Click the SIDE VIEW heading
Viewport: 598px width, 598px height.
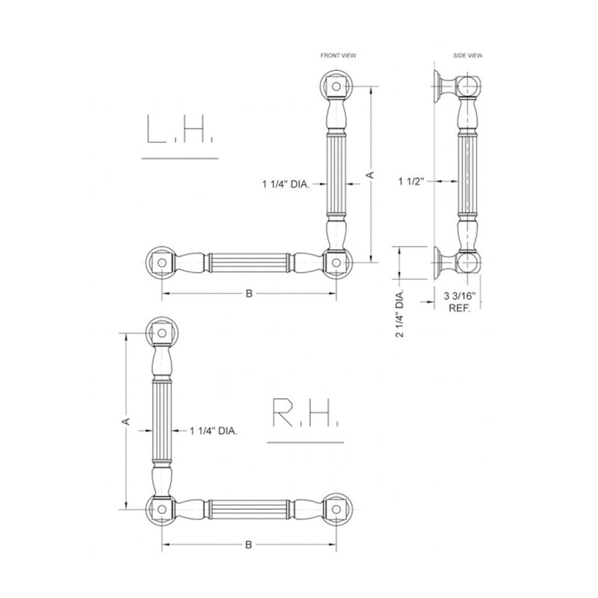[468, 55]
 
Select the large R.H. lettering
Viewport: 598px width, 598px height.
[306, 413]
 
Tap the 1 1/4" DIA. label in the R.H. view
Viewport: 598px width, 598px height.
[214, 431]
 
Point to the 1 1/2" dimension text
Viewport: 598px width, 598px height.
[411, 181]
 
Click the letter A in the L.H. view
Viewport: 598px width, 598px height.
[369, 173]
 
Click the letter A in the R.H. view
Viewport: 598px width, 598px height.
[126, 422]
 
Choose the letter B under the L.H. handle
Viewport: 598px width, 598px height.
[248, 294]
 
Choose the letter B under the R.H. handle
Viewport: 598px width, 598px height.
[248, 544]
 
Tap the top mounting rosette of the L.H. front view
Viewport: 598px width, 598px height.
[336, 87]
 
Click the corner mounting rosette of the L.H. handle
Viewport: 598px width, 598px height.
[336, 262]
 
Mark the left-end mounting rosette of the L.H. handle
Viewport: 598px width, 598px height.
[160, 262]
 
